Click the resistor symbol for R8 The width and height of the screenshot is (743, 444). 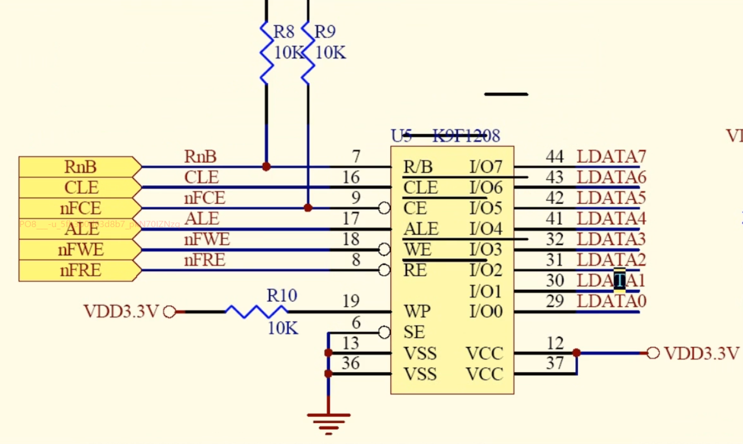(266, 52)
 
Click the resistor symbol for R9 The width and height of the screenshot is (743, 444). (308, 52)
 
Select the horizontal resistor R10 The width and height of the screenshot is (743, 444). (257, 311)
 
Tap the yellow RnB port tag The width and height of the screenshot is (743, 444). (80, 167)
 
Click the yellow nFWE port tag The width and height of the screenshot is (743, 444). (80, 250)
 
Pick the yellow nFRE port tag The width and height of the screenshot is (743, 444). (80, 271)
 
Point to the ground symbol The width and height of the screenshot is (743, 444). (328, 421)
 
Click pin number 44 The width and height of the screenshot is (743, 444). (554, 156)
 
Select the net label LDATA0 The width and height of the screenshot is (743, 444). (611, 301)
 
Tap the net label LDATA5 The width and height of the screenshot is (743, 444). (611, 198)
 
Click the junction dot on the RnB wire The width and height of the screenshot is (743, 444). (266, 167)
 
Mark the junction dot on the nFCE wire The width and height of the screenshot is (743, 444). (308, 208)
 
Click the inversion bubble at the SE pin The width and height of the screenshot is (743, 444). (384, 332)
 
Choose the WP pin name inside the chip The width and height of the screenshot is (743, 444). (417, 311)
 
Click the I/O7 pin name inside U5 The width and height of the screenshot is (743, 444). (485, 167)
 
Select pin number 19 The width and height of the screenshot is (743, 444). (351, 302)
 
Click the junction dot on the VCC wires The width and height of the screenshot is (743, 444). (576, 352)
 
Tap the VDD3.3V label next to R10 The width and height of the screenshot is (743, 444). (121, 311)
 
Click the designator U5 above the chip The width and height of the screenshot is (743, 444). (401, 136)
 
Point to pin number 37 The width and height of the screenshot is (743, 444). (555, 363)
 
